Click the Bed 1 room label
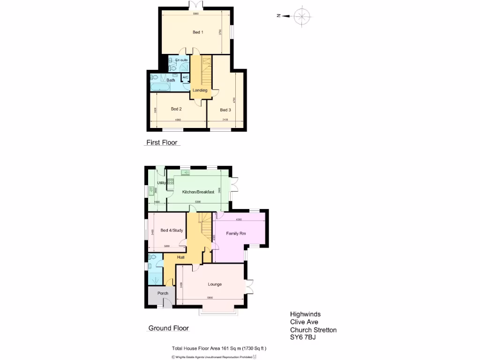click(198, 32)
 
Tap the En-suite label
click(181, 60)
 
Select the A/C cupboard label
click(185, 77)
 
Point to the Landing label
click(200, 90)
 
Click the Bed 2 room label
click(176, 109)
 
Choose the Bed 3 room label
click(225, 110)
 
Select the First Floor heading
click(162, 142)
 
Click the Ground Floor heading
click(168, 328)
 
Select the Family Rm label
click(236, 233)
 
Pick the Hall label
click(181, 257)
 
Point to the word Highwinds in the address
click(305, 315)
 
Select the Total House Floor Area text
click(219, 348)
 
